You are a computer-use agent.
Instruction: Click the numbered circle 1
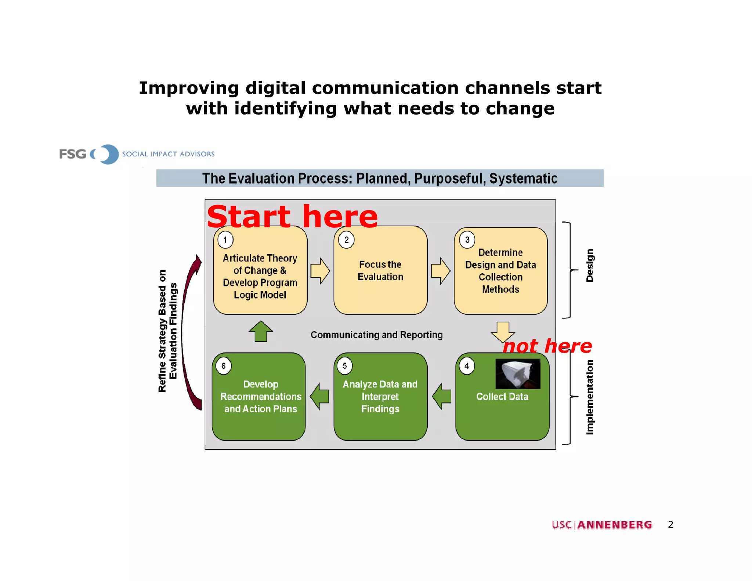(x=225, y=240)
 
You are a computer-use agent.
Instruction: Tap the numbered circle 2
(x=346, y=240)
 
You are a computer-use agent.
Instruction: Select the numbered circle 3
(x=467, y=240)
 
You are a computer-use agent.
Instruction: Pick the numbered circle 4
(x=467, y=366)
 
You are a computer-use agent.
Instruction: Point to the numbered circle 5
(x=344, y=366)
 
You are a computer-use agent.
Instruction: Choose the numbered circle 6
(x=223, y=366)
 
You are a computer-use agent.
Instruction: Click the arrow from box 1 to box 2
(x=320, y=271)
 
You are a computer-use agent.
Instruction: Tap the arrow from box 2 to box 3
(x=440, y=271)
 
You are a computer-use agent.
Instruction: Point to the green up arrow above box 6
(x=261, y=331)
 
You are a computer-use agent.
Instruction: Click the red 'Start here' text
(x=292, y=217)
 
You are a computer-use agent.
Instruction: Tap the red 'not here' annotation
(x=547, y=346)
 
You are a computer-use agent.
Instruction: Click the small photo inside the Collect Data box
(x=518, y=374)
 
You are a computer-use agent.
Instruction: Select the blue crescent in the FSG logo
(x=109, y=154)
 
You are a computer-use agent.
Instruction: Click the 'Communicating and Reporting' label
(x=376, y=335)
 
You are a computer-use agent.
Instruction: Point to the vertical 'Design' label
(x=589, y=266)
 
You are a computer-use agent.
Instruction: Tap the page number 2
(x=670, y=524)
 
